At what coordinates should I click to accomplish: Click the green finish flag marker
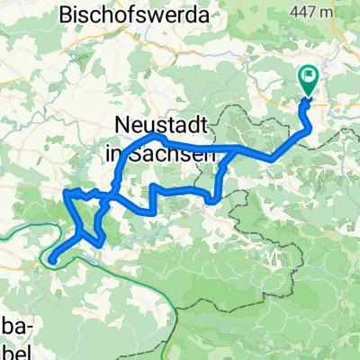(x=308, y=81)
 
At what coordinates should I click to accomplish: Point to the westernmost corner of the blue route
(x=66, y=191)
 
